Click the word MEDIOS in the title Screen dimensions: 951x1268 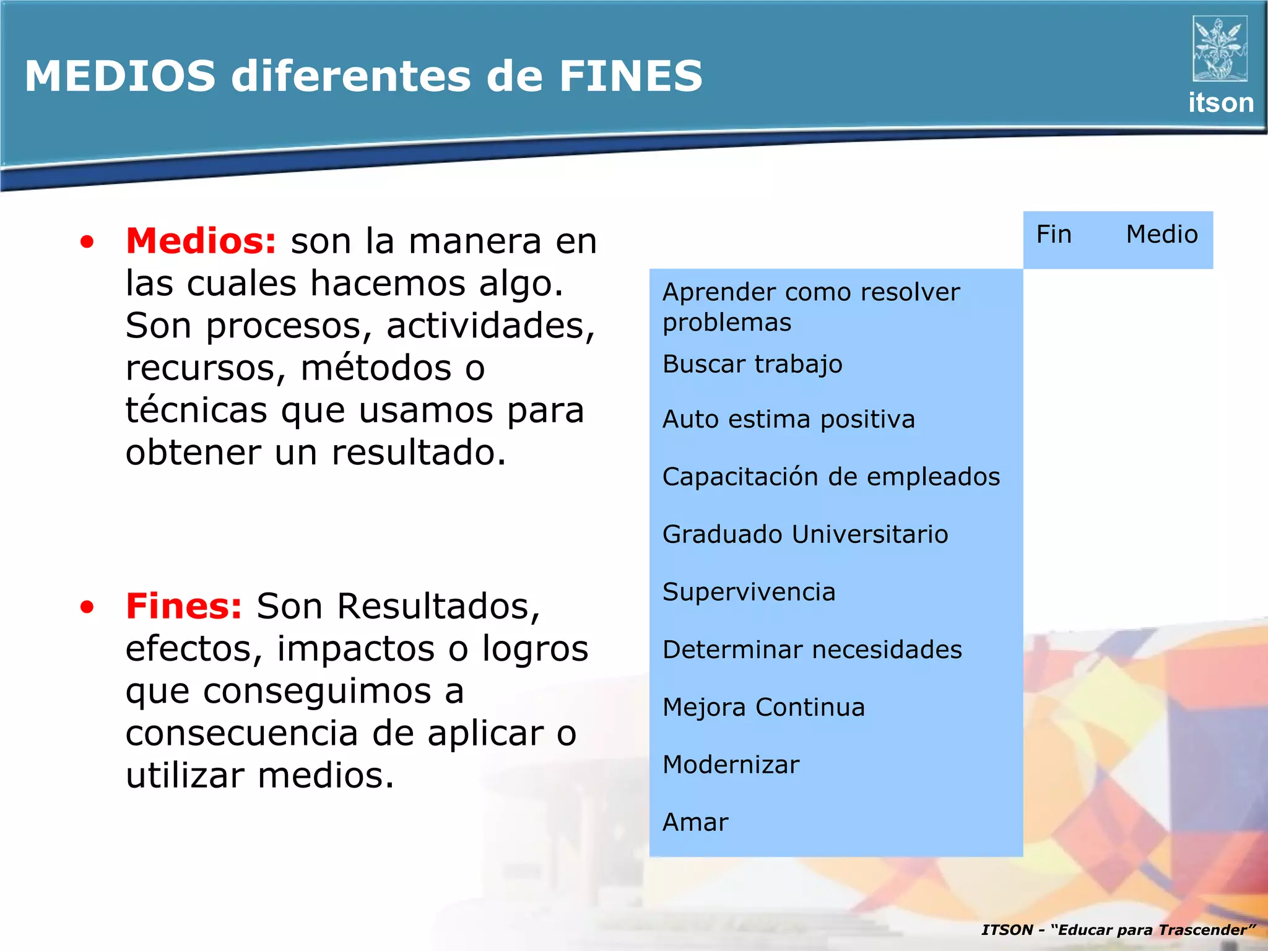(120, 77)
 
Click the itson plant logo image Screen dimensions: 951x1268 (1220, 49)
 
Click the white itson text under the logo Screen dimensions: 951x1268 (1220, 103)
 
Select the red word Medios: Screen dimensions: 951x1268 (201, 241)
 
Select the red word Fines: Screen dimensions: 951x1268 (183, 606)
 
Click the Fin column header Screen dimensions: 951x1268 (1054, 235)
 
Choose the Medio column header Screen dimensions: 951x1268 (1162, 235)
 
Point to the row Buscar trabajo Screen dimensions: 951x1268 (752, 364)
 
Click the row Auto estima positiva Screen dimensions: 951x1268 (788, 420)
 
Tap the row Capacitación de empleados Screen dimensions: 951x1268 (831, 477)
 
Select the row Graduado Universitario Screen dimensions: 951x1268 (805, 534)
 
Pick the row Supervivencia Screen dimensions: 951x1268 (749, 592)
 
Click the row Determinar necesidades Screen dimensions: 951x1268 (812, 649)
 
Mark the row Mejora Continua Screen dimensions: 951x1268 (763, 707)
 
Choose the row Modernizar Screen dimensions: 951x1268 (731, 765)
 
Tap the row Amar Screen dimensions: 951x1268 (695, 822)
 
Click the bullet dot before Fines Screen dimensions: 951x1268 (87, 607)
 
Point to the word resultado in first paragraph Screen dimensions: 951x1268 (419, 453)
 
